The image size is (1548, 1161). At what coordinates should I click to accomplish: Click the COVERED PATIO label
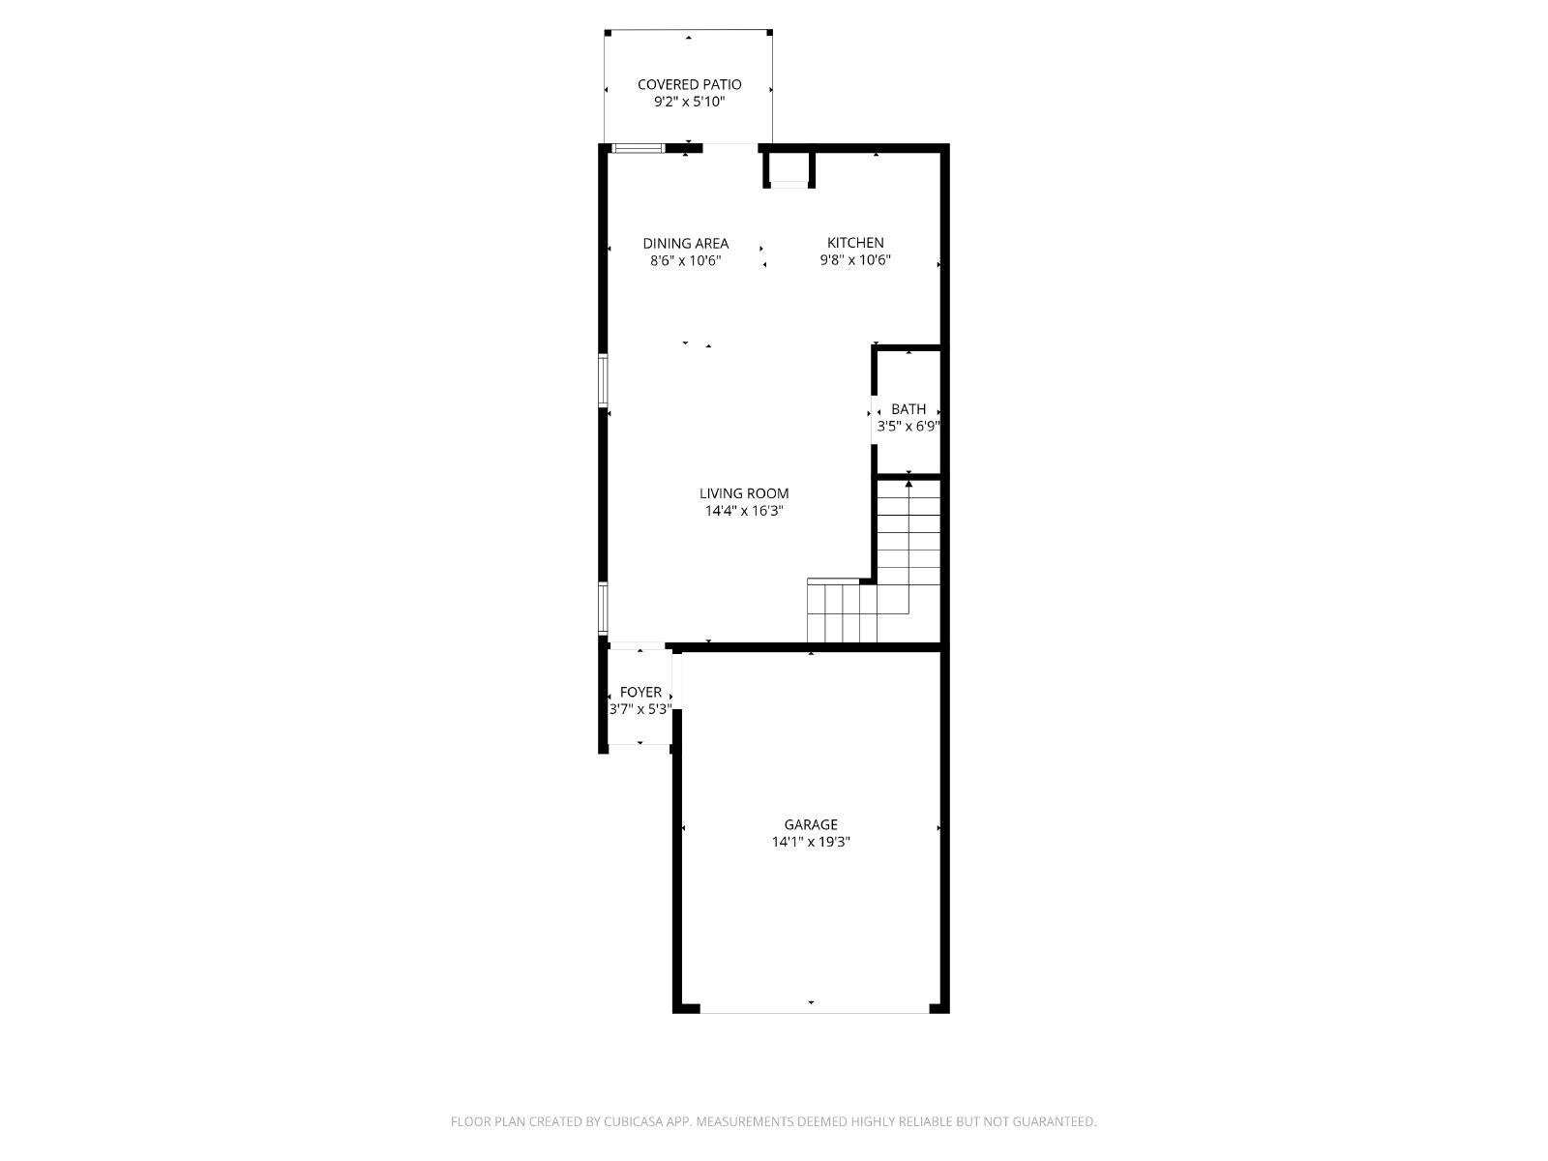[x=689, y=84]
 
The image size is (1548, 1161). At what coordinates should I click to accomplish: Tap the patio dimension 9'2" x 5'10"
[x=689, y=102]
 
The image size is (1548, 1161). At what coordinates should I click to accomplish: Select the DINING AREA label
[x=686, y=243]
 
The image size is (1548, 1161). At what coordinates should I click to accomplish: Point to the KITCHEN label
[x=855, y=243]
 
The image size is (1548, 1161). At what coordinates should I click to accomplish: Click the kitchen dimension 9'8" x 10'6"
[x=855, y=259]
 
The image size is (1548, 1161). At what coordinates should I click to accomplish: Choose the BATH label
[x=908, y=409]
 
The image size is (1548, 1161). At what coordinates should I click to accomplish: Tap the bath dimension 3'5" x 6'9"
[x=908, y=426]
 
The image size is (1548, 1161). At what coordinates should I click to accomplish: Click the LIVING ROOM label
[x=744, y=493]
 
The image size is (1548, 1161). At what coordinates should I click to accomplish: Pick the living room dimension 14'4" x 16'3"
[x=744, y=511]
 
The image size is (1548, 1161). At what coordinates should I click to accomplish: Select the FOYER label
[x=640, y=692]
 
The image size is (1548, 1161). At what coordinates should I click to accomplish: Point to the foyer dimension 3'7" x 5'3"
[x=640, y=709]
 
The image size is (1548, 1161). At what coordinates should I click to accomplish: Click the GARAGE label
[x=811, y=824]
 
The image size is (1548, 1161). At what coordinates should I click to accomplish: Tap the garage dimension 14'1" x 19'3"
[x=811, y=841]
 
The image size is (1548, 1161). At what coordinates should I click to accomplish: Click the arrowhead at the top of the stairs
[x=908, y=484]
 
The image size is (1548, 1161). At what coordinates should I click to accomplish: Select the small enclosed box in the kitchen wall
[x=789, y=169]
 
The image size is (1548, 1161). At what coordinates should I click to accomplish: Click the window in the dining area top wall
[x=639, y=148]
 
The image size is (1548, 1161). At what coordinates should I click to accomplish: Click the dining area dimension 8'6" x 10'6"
[x=686, y=260]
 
